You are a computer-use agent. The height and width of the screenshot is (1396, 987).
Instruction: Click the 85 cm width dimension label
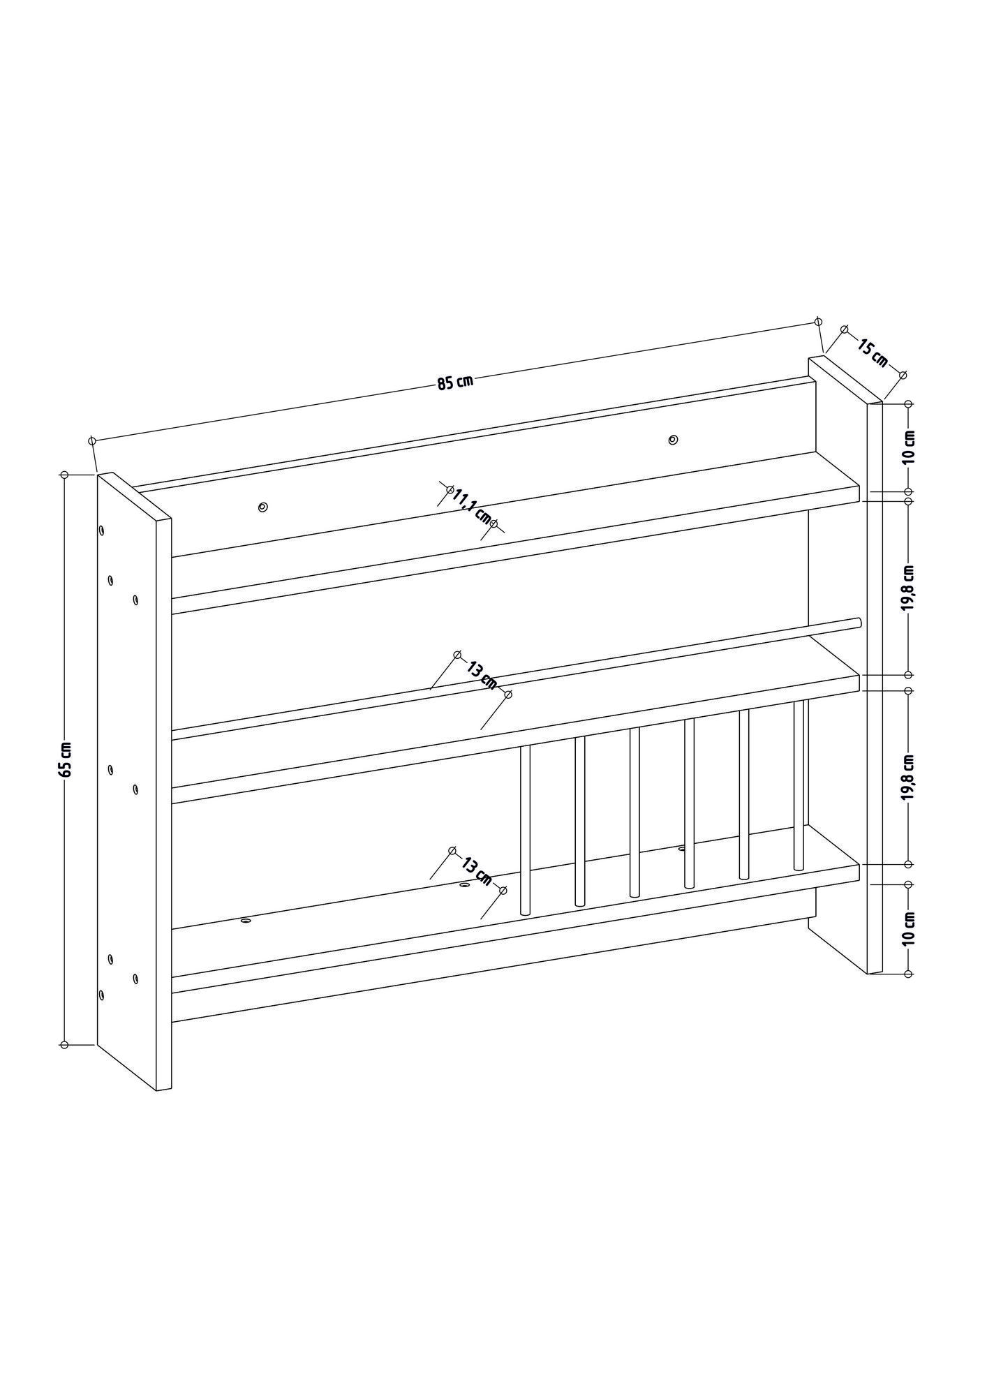tap(455, 382)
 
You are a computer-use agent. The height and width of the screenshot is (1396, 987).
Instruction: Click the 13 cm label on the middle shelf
tap(482, 675)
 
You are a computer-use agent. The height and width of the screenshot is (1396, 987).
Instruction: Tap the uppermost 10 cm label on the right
tap(908, 447)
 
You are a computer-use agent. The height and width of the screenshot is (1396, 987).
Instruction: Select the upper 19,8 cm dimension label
tap(908, 588)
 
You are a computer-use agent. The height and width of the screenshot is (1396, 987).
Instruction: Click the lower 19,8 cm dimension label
tap(908, 776)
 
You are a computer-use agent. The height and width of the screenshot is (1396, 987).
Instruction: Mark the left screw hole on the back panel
tap(262, 507)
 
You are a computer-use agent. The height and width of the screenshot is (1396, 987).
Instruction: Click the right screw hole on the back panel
tap(672, 440)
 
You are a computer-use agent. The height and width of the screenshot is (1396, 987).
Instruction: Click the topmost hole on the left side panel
tap(102, 531)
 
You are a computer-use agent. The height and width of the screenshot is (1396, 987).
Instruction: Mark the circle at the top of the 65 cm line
tap(64, 475)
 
